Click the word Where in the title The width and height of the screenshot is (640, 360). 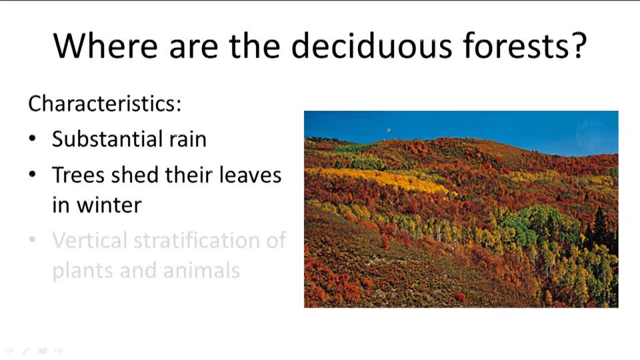(x=105, y=45)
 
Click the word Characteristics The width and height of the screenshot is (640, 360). (x=105, y=104)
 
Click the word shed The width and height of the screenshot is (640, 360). (x=131, y=175)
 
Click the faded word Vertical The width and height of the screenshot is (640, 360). (x=89, y=240)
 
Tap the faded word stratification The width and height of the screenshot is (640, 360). (x=197, y=240)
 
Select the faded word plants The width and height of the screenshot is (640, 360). (x=83, y=271)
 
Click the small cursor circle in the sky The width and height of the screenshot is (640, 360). (x=389, y=131)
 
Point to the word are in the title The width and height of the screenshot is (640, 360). (x=193, y=45)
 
